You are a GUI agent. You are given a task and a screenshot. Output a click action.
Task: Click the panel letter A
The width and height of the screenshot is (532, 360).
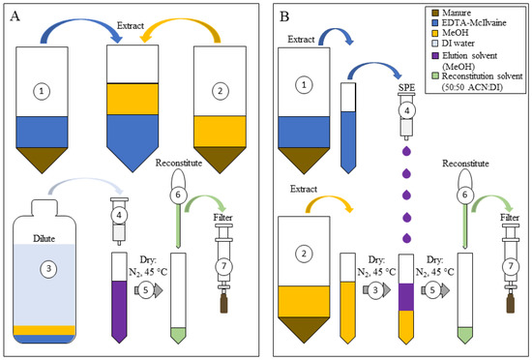click(15, 16)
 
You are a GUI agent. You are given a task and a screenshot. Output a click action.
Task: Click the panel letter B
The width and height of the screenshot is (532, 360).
click(283, 16)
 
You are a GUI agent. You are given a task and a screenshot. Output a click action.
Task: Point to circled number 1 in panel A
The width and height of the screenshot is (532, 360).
click(41, 92)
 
